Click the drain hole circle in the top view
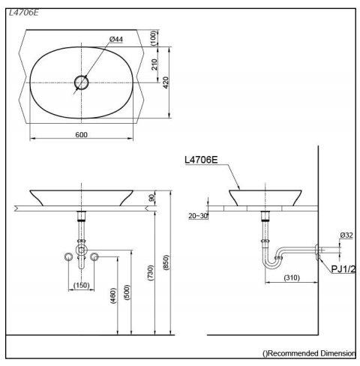point(82,82)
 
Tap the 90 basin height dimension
point(152,197)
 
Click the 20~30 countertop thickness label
point(197,215)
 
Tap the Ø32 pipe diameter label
point(346,235)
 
